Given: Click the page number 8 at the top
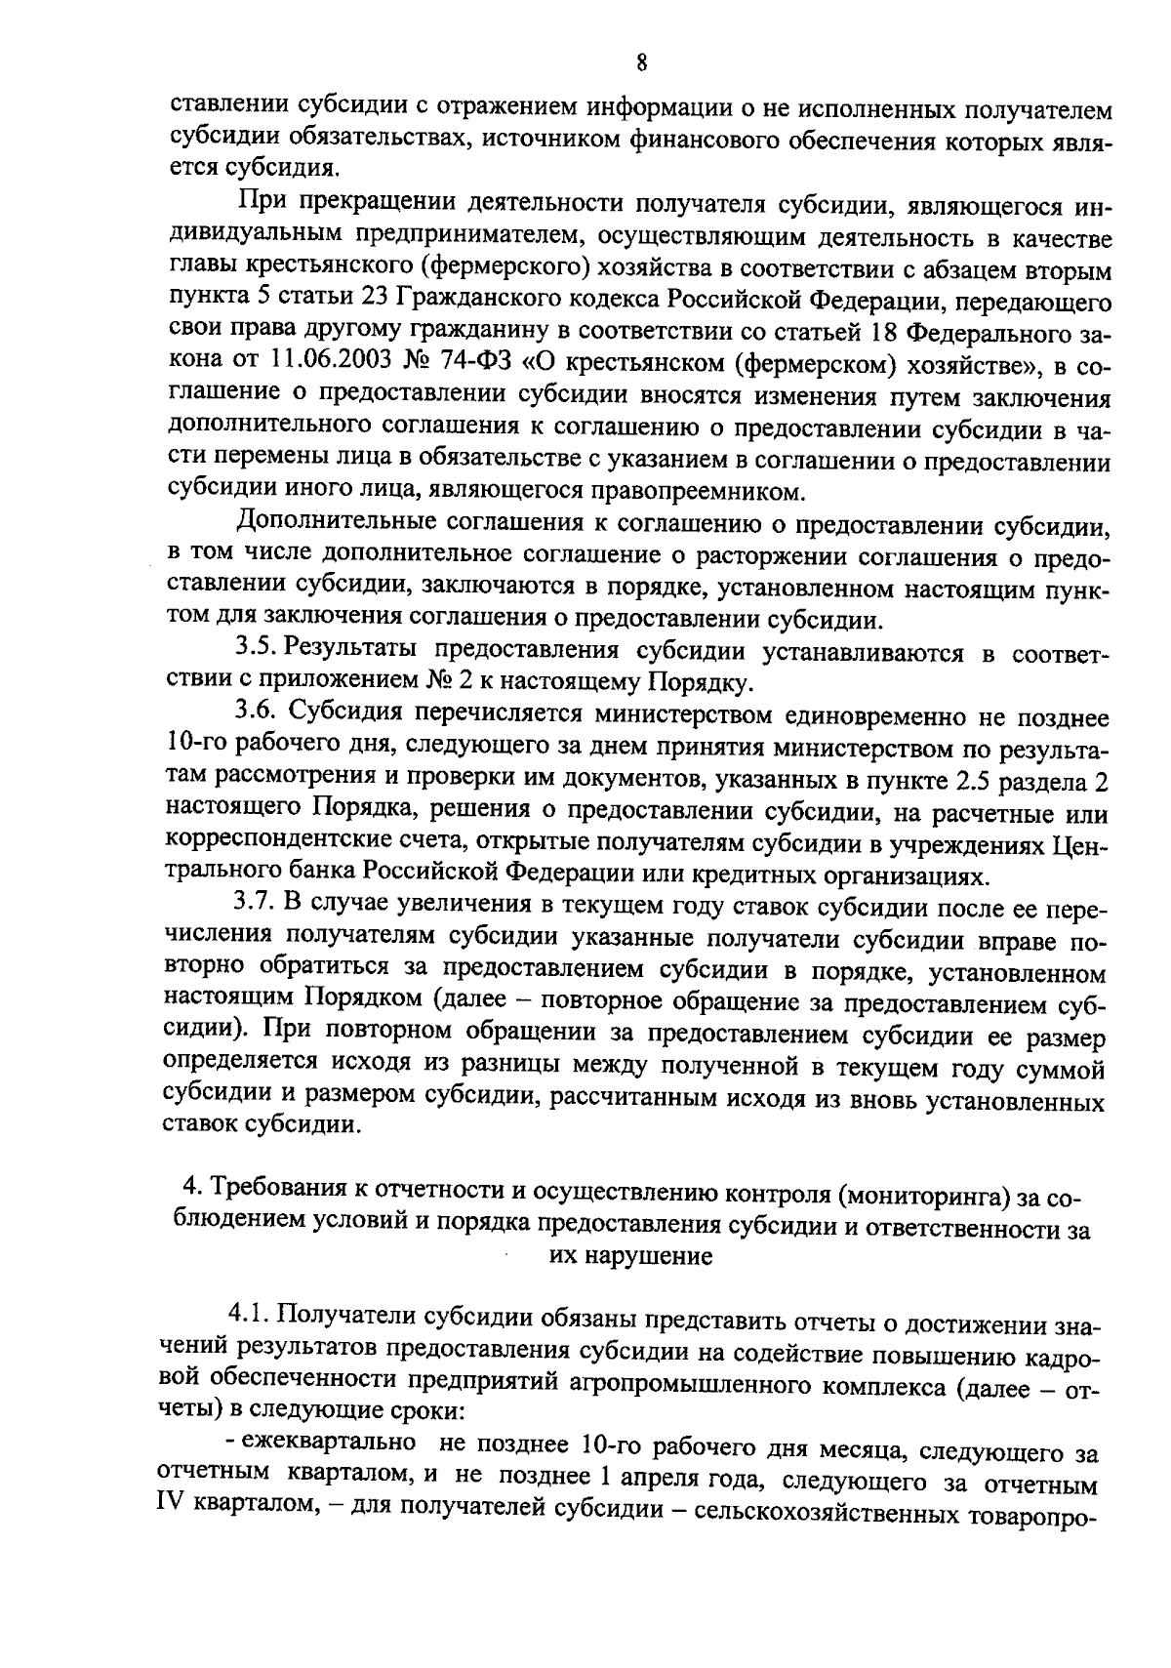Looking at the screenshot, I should pos(641,63).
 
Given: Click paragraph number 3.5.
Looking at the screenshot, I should pos(259,650).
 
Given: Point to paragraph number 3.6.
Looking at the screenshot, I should pos(259,716).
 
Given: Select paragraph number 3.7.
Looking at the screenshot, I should pos(259,908).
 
